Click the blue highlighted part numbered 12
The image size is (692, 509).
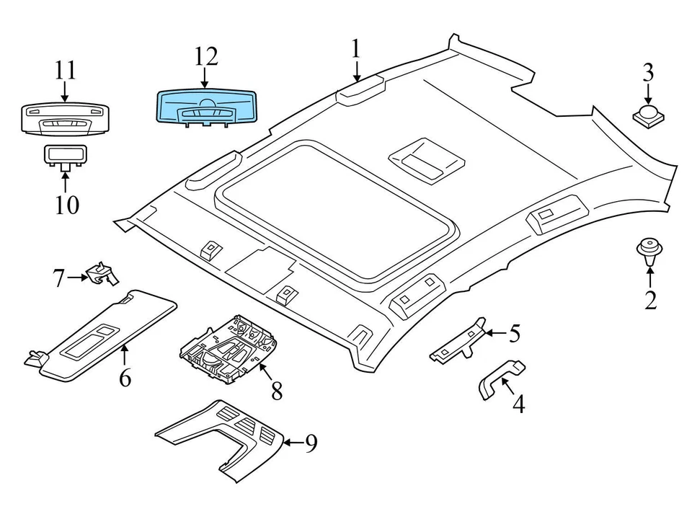click(x=207, y=108)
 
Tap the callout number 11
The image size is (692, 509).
click(x=66, y=71)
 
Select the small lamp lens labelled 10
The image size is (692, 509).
click(x=65, y=157)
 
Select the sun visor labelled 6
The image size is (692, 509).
click(x=101, y=335)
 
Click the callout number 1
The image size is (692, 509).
click(x=355, y=49)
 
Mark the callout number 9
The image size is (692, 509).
click(x=311, y=443)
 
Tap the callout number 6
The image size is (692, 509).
click(x=125, y=378)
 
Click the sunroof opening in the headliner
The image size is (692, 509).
click(x=334, y=210)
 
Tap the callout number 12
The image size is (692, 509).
click(x=207, y=57)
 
